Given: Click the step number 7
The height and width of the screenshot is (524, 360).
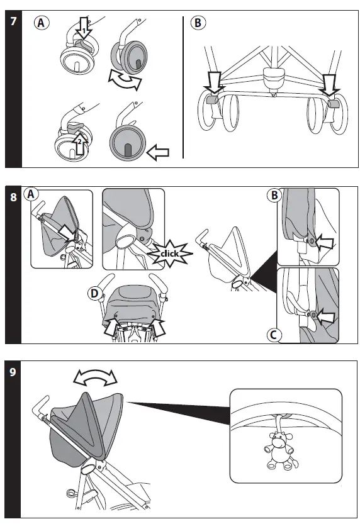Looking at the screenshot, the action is tap(13, 21).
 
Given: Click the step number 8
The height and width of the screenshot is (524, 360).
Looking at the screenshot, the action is tap(13, 197).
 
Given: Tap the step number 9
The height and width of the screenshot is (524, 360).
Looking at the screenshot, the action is tap(13, 372).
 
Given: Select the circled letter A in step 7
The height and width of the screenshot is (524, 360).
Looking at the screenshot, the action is tap(42, 23).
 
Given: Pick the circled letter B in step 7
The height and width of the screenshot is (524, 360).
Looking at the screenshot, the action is tap(198, 23).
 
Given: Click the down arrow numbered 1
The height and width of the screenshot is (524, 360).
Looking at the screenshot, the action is tap(84, 28).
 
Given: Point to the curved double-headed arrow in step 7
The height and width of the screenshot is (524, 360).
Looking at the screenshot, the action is tap(125, 81).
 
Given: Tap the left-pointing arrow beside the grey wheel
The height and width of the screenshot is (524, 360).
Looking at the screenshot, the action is tap(158, 152).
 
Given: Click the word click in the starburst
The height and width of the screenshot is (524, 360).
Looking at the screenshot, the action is tap(170, 254).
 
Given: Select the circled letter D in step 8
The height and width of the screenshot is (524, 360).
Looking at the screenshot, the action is tap(94, 294).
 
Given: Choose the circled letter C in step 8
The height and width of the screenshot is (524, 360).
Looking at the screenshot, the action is tap(274, 335).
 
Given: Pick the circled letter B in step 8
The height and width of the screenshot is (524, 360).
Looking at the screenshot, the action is tap(274, 195).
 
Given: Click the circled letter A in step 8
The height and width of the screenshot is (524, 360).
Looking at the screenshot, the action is tap(31, 194).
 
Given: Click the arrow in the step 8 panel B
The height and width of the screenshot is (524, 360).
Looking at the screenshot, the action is tap(324, 242).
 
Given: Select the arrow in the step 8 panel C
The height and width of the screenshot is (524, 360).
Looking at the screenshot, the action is tap(325, 316).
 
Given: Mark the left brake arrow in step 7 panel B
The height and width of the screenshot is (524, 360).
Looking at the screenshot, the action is tap(214, 82).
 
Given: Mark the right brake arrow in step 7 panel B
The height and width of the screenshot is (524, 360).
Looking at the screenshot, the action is tap(330, 85).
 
